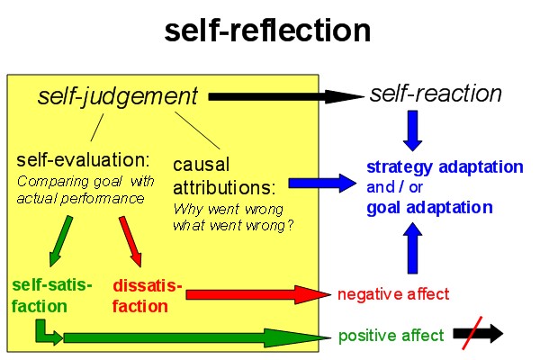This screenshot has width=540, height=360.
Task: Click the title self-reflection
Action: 267,31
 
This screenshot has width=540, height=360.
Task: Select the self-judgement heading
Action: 117,96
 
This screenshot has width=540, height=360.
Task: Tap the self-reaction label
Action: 436,94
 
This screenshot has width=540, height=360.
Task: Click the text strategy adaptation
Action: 445,166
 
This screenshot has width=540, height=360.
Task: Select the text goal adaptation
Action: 429,207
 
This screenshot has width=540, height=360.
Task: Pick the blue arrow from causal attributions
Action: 323,184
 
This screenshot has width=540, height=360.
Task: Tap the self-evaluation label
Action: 83,160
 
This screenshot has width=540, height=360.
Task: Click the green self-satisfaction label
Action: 51,295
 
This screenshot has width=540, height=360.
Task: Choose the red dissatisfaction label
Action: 148,296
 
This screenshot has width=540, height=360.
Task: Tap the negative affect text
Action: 392,293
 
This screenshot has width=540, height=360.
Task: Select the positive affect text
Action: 391,336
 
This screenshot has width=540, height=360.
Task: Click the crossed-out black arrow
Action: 479,335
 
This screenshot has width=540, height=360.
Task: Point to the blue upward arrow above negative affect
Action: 413,248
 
